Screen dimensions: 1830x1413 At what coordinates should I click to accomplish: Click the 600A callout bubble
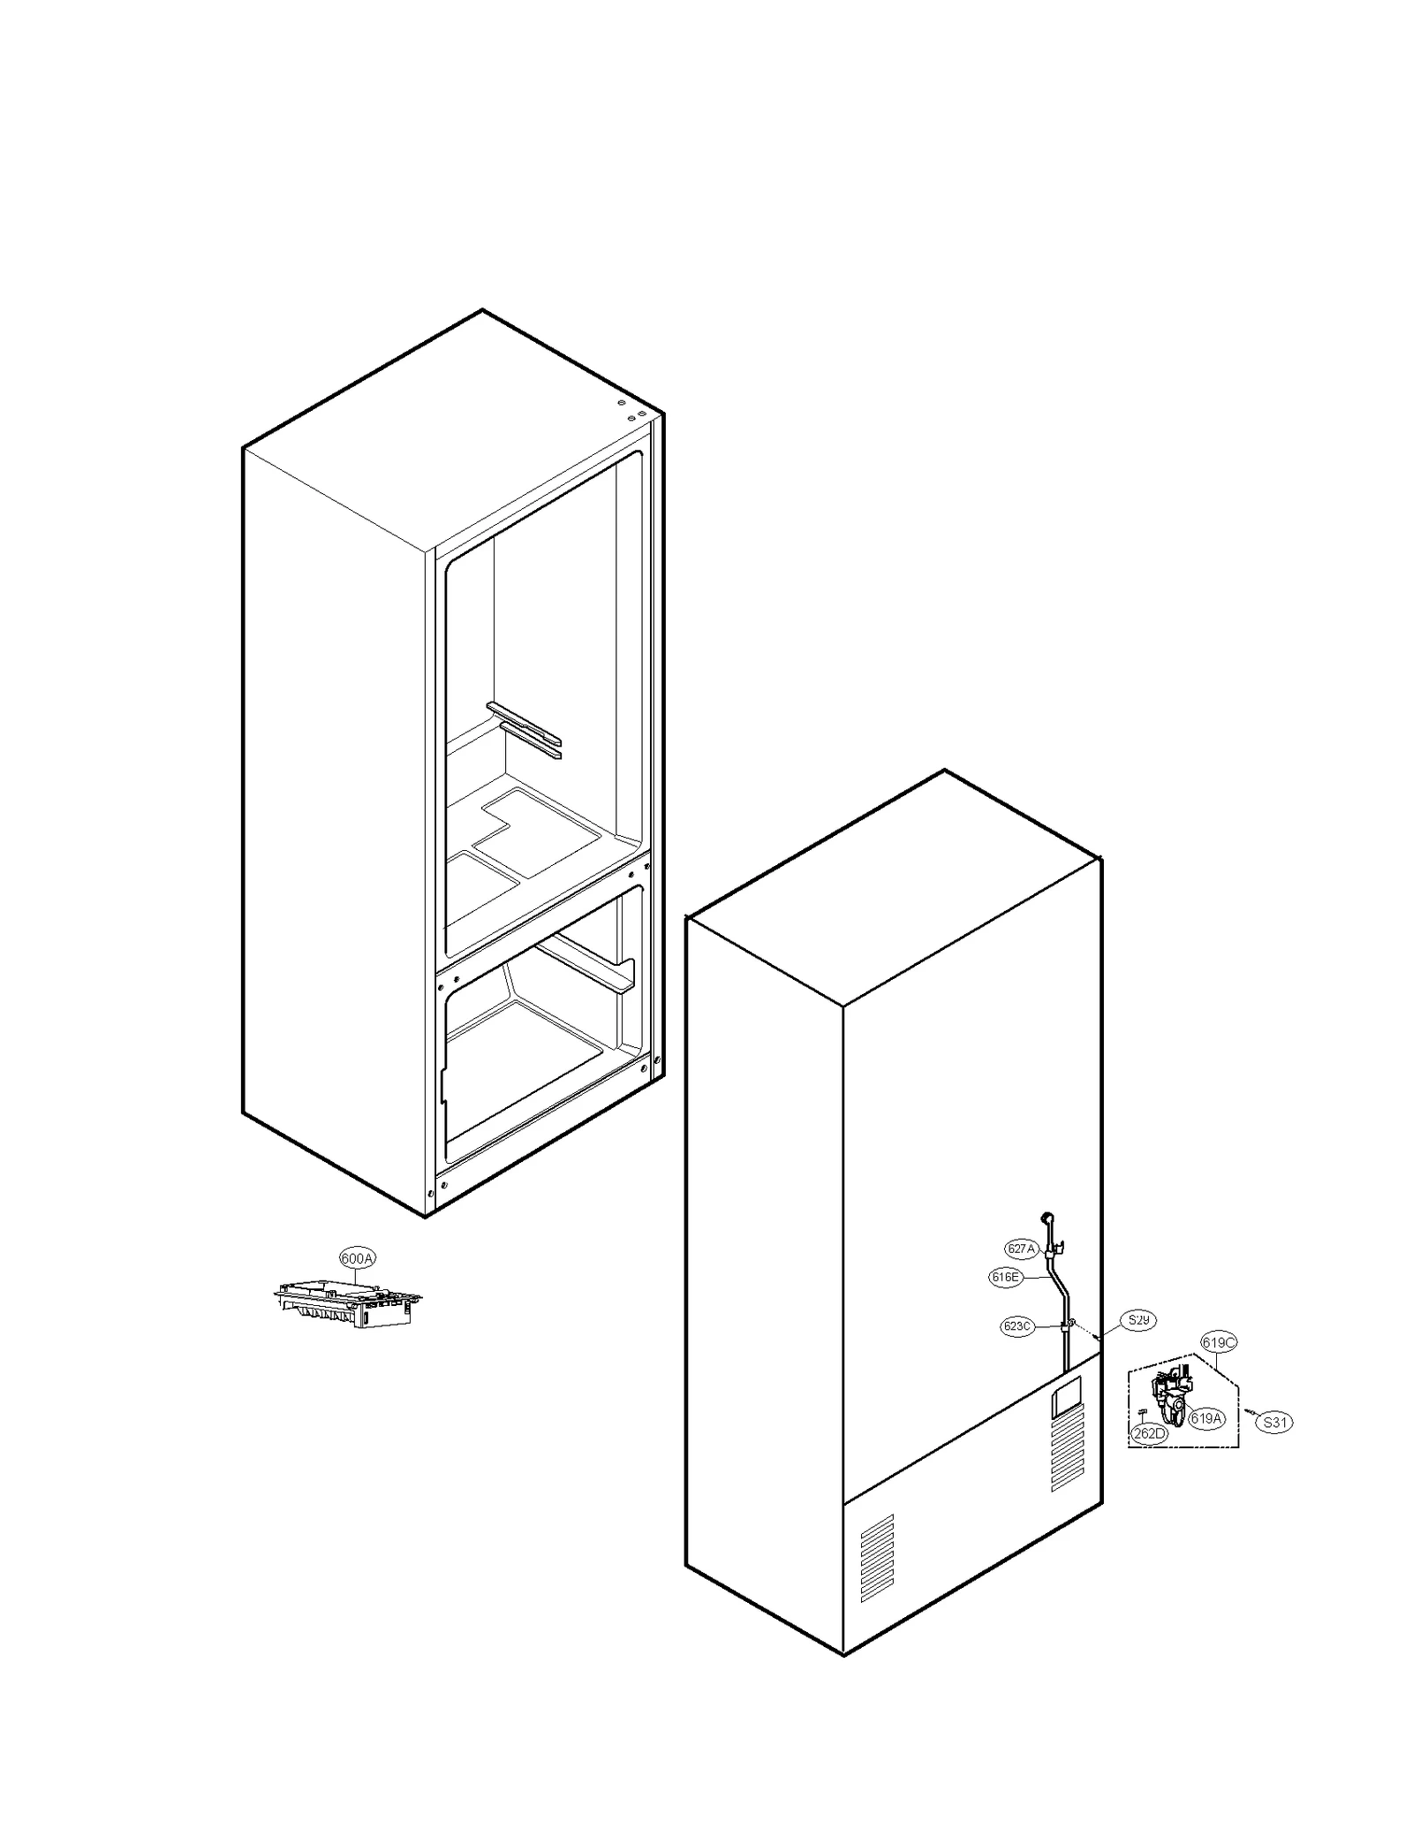click(x=357, y=1258)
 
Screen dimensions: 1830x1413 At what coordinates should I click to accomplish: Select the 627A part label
click(x=1020, y=1249)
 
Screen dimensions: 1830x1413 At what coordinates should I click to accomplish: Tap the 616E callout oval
click(x=1005, y=1277)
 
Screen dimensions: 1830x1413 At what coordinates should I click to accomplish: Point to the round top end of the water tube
click(x=1047, y=1217)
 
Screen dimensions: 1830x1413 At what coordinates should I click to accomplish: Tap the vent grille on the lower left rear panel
click(x=877, y=1559)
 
